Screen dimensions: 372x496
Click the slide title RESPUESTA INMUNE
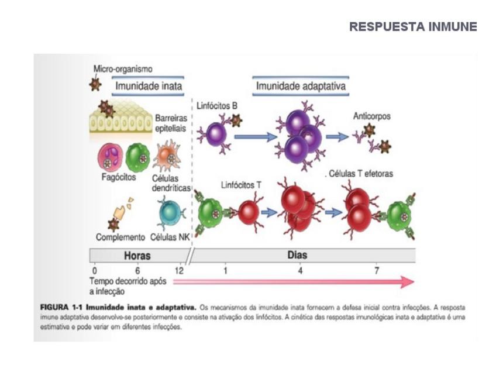pyautogui.click(x=413, y=27)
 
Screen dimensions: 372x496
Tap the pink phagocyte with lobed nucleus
pyautogui.click(x=111, y=157)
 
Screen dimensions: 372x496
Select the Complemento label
pyautogui.click(x=120, y=237)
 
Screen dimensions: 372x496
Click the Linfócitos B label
pyautogui.click(x=217, y=106)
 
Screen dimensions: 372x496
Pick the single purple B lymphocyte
pyautogui.click(x=216, y=133)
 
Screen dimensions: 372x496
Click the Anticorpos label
pyautogui.click(x=371, y=116)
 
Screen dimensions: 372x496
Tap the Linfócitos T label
pyautogui.click(x=241, y=185)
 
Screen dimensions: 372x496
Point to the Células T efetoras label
pyautogui.click(x=359, y=174)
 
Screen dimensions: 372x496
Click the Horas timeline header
pyautogui.click(x=137, y=256)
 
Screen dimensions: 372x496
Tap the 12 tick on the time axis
pyautogui.click(x=179, y=271)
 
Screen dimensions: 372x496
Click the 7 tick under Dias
pyautogui.click(x=377, y=271)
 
